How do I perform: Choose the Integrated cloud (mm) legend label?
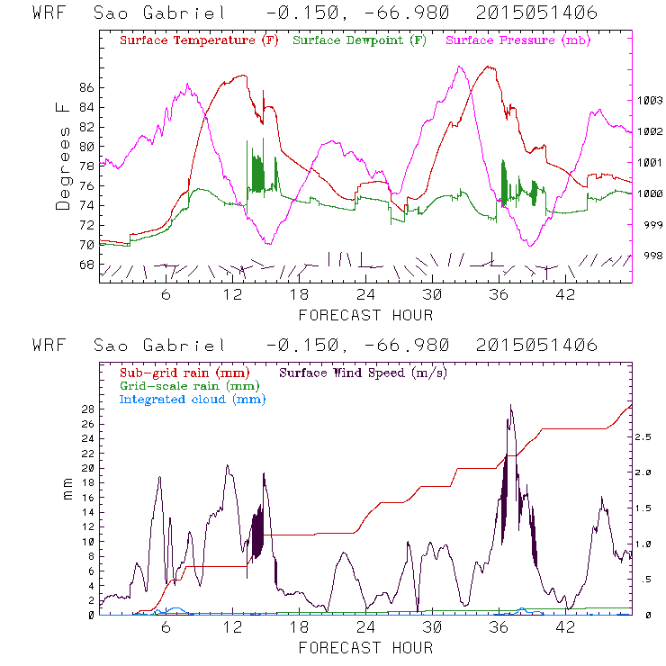[193, 399]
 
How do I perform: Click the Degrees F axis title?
[63, 155]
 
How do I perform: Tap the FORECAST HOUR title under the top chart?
[365, 315]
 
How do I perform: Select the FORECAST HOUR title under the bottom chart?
[365, 648]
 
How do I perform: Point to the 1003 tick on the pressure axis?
[649, 101]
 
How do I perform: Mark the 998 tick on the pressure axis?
[649, 256]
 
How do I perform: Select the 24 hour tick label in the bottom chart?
[365, 626]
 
